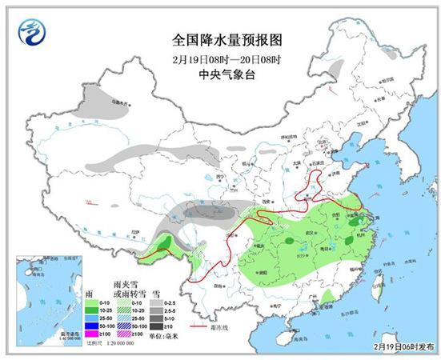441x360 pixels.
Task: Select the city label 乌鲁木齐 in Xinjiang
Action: click(x=118, y=102)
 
